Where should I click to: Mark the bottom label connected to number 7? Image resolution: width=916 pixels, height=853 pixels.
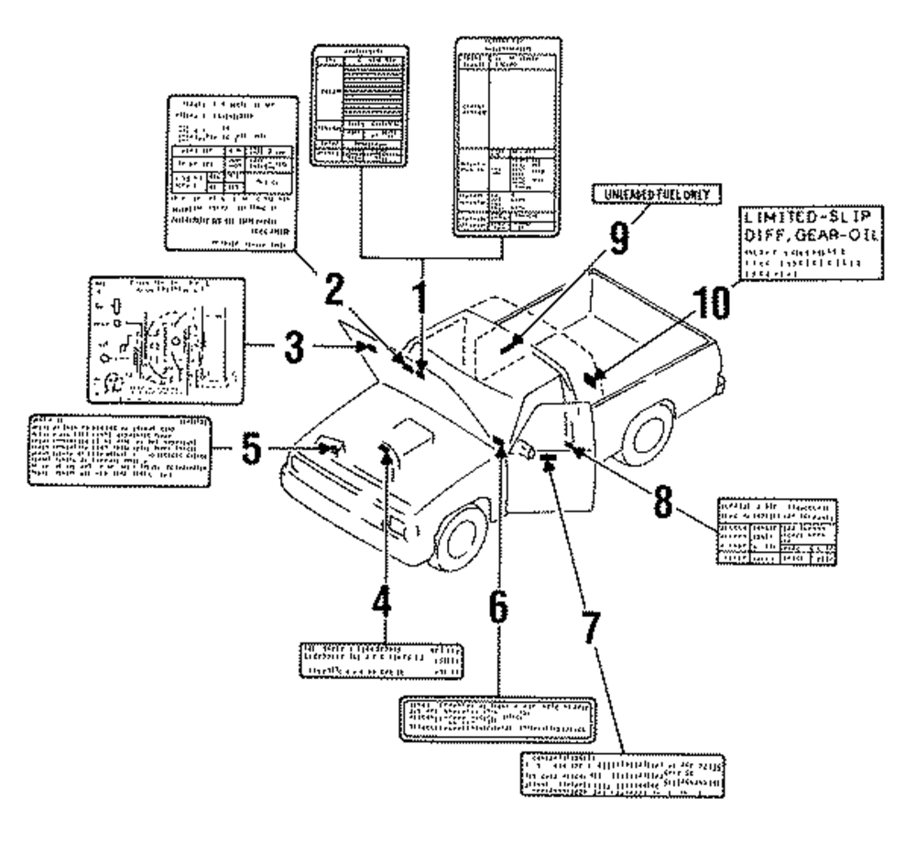pos(625,774)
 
